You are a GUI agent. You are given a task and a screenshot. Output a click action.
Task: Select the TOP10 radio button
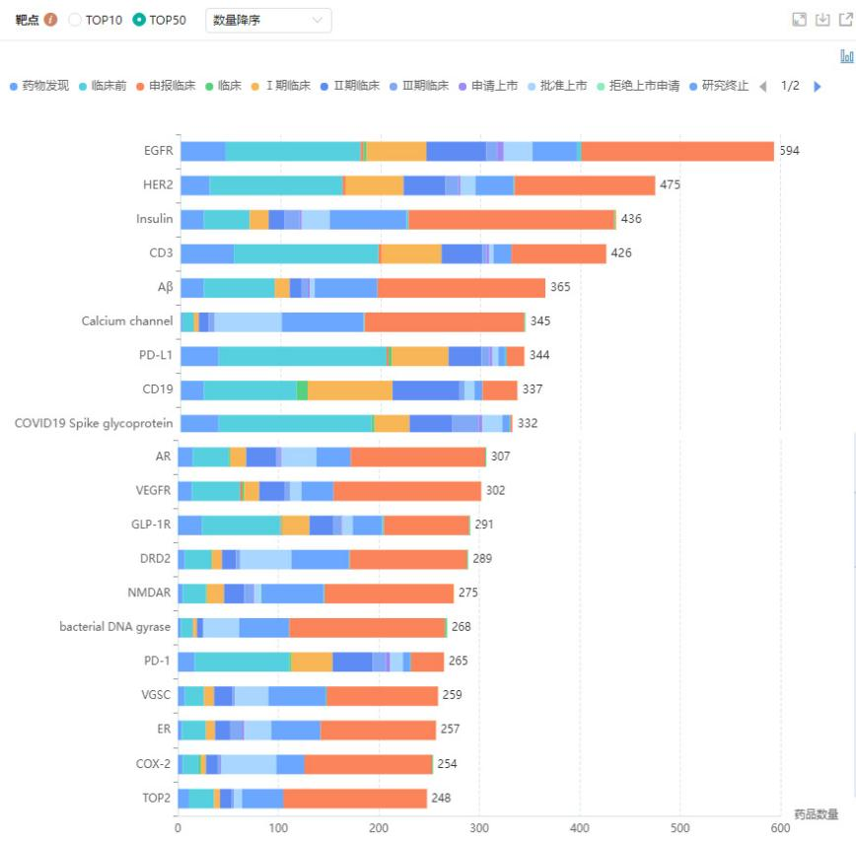[75, 20]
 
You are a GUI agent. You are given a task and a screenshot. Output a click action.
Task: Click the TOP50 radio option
[139, 20]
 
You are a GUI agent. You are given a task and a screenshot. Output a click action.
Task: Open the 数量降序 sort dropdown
[268, 20]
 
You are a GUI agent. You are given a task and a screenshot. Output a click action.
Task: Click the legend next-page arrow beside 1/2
[817, 86]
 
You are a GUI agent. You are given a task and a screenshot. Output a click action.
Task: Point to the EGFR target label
[158, 151]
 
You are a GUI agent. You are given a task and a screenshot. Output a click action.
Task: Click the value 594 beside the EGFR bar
[789, 151]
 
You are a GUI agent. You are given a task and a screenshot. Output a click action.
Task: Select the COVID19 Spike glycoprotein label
[94, 423]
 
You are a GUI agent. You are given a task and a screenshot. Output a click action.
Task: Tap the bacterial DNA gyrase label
[114, 627]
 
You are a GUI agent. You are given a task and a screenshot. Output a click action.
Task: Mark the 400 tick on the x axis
[580, 829]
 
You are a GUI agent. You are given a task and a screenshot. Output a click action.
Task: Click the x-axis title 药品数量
[816, 814]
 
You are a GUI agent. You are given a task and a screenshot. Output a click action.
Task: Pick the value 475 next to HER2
[670, 185]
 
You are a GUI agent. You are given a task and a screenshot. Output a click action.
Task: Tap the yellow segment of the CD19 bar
[349, 389]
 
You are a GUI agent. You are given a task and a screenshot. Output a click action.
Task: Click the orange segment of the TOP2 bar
[355, 798]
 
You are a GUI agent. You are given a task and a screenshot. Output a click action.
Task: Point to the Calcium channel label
[127, 321]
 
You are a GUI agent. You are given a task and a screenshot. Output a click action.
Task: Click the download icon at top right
[822, 20]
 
